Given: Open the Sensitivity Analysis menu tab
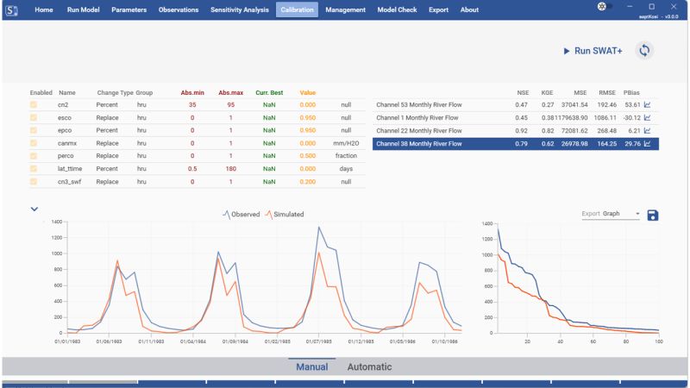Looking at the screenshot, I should (x=239, y=9).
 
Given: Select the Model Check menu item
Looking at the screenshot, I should (x=397, y=9).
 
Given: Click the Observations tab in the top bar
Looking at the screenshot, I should (x=179, y=9).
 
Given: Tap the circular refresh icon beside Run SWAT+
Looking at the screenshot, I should (x=644, y=51).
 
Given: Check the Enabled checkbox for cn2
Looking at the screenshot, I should (x=34, y=104).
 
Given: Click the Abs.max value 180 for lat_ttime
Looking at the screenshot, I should (x=230, y=169).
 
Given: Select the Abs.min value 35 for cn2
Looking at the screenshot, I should (x=192, y=104).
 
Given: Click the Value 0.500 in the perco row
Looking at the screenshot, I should (x=308, y=156).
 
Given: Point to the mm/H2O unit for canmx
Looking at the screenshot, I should (x=346, y=143).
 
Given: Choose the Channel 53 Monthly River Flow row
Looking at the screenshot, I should (x=419, y=104).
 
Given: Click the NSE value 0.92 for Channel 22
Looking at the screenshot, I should (x=522, y=130).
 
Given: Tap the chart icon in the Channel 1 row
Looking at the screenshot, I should (x=648, y=117).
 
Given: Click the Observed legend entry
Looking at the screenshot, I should (x=241, y=214).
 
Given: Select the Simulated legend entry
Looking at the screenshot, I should (x=284, y=214).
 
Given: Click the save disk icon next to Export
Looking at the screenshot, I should (x=652, y=214).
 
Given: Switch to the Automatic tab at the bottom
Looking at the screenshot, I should (x=369, y=366).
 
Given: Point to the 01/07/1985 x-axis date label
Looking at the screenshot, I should (x=318, y=341).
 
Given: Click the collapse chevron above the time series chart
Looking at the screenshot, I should (x=34, y=209).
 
